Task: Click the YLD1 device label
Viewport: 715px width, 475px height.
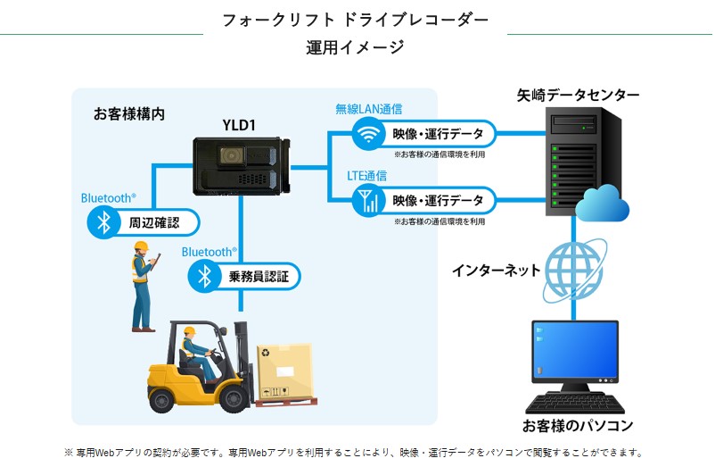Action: point(239,125)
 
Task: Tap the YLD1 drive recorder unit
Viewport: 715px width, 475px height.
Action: point(241,166)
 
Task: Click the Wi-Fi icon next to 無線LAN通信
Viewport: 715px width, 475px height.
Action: point(367,134)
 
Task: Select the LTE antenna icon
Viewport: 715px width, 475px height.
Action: point(367,200)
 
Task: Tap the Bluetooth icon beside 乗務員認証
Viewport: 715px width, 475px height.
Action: point(204,276)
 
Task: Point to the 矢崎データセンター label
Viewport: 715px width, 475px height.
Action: point(578,95)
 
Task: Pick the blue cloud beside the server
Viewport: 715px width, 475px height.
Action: point(602,205)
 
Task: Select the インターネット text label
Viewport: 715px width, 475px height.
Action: point(496,271)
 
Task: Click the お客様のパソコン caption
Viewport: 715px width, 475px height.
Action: point(578,425)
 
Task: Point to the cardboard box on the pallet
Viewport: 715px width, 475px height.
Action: point(284,370)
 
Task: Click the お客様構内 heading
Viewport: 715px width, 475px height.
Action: point(129,113)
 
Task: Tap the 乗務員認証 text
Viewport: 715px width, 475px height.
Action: point(259,276)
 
